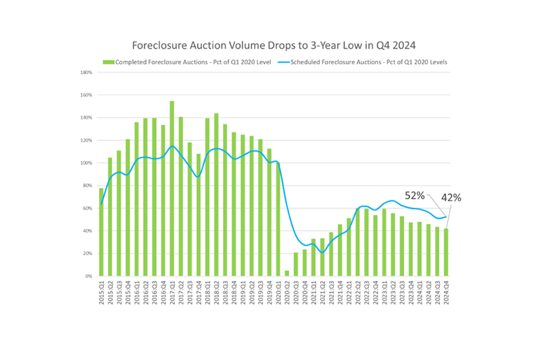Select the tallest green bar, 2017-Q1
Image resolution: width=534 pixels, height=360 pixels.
coord(172,189)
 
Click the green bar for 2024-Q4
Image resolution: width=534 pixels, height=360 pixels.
coord(446,252)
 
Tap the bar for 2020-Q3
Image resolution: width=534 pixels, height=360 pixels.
coord(295,264)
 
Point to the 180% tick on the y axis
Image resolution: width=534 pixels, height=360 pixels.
coord(86,72)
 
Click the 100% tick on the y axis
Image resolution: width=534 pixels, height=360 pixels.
coord(86,163)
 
